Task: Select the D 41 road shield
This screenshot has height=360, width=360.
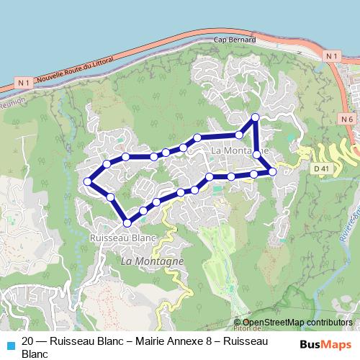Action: click(x=321, y=168)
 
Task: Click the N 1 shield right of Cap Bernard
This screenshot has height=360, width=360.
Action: click(x=330, y=55)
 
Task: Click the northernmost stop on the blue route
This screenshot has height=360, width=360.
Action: click(x=254, y=117)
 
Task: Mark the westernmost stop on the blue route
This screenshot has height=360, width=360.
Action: click(x=88, y=181)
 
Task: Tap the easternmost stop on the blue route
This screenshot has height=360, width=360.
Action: click(x=272, y=171)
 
